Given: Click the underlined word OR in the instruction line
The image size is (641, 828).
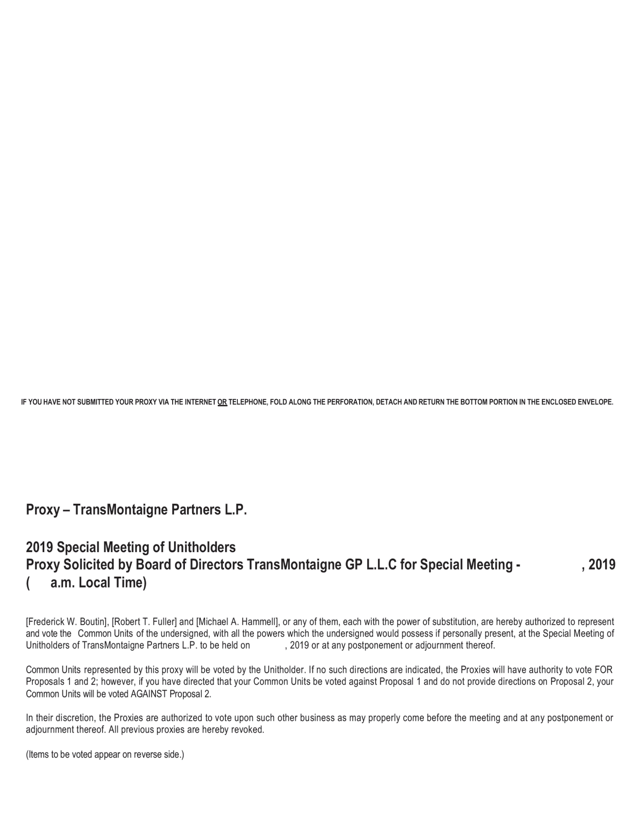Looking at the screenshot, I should point(222,402).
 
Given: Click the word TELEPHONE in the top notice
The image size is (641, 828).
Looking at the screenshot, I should point(247,402).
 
